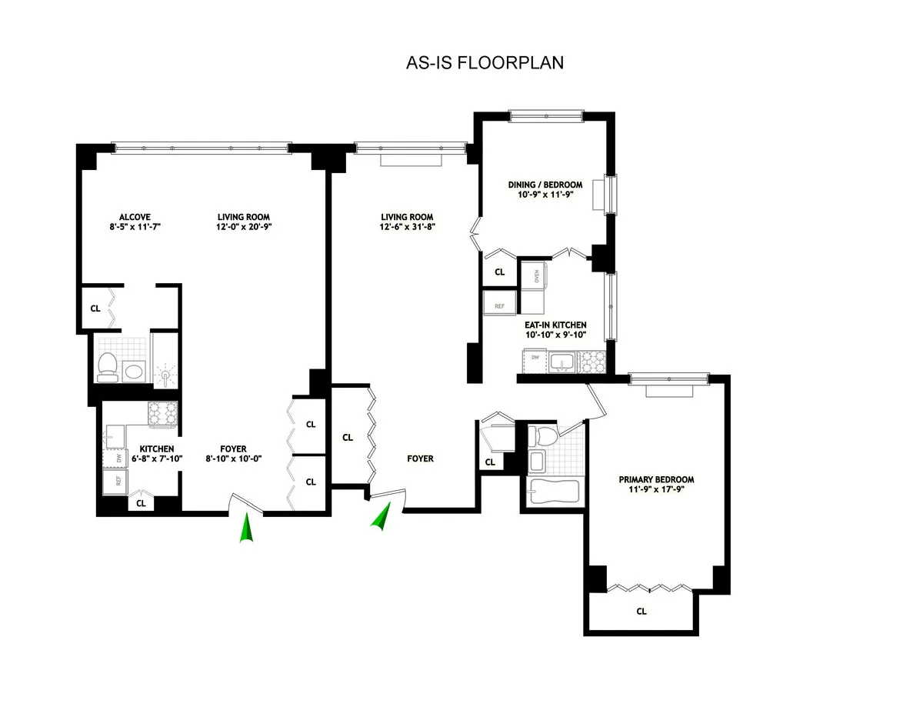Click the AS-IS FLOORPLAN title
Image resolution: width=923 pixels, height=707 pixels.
tap(485, 62)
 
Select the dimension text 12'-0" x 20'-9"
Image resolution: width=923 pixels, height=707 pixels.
tap(243, 227)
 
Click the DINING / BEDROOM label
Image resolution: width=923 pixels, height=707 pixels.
tap(545, 185)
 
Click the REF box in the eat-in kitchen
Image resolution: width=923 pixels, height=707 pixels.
tap(499, 305)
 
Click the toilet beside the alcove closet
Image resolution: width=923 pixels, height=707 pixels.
tap(107, 366)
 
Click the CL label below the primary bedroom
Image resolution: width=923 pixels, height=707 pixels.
tap(641, 612)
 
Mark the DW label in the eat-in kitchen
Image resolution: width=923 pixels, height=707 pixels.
tap(535, 358)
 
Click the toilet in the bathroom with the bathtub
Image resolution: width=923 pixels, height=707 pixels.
tap(545, 436)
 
